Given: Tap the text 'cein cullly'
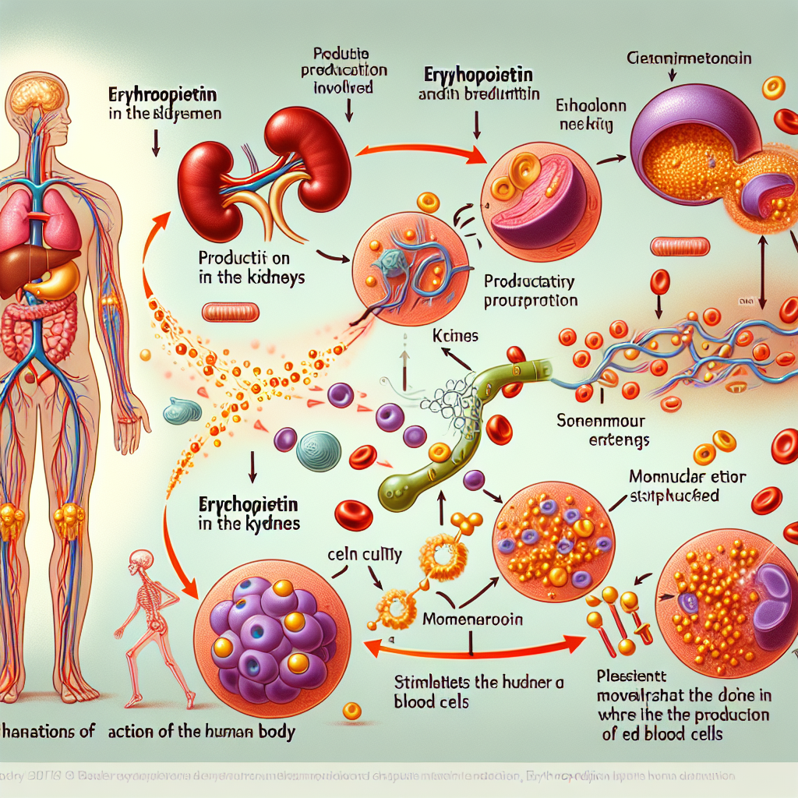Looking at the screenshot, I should tap(365, 555).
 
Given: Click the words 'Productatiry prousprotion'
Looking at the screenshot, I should tap(530, 291).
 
